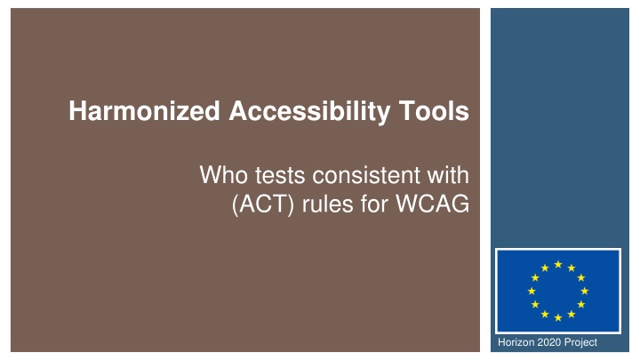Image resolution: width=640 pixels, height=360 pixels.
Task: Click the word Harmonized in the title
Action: point(145,111)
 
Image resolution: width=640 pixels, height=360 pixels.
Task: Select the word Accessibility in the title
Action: point(308,112)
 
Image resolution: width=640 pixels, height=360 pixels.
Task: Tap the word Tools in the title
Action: point(434,111)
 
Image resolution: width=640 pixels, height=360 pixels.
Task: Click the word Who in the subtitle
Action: point(224,175)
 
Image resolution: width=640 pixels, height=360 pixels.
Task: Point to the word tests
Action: point(280,176)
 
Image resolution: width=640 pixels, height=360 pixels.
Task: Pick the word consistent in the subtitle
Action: point(366,175)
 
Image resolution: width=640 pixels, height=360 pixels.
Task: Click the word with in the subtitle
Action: point(448,175)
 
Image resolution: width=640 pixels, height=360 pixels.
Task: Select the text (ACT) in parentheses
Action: point(263,204)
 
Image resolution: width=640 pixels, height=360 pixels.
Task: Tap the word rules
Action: point(327,204)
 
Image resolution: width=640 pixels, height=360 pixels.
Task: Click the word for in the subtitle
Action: point(374,204)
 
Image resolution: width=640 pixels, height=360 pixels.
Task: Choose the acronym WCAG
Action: point(433,204)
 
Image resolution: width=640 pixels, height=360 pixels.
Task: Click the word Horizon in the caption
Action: point(516,342)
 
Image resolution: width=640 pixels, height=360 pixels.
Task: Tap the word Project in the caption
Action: point(580,342)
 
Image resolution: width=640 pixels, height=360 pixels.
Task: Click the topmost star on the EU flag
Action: point(558,265)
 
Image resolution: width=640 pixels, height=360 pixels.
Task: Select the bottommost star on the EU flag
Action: point(558,317)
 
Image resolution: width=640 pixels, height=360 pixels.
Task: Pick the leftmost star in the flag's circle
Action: point(532,291)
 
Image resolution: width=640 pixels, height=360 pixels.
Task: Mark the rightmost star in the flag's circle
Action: point(585,291)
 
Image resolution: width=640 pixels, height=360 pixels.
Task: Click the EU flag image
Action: point(558,291)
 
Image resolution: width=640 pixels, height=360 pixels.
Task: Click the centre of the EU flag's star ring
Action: point(558,291)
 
